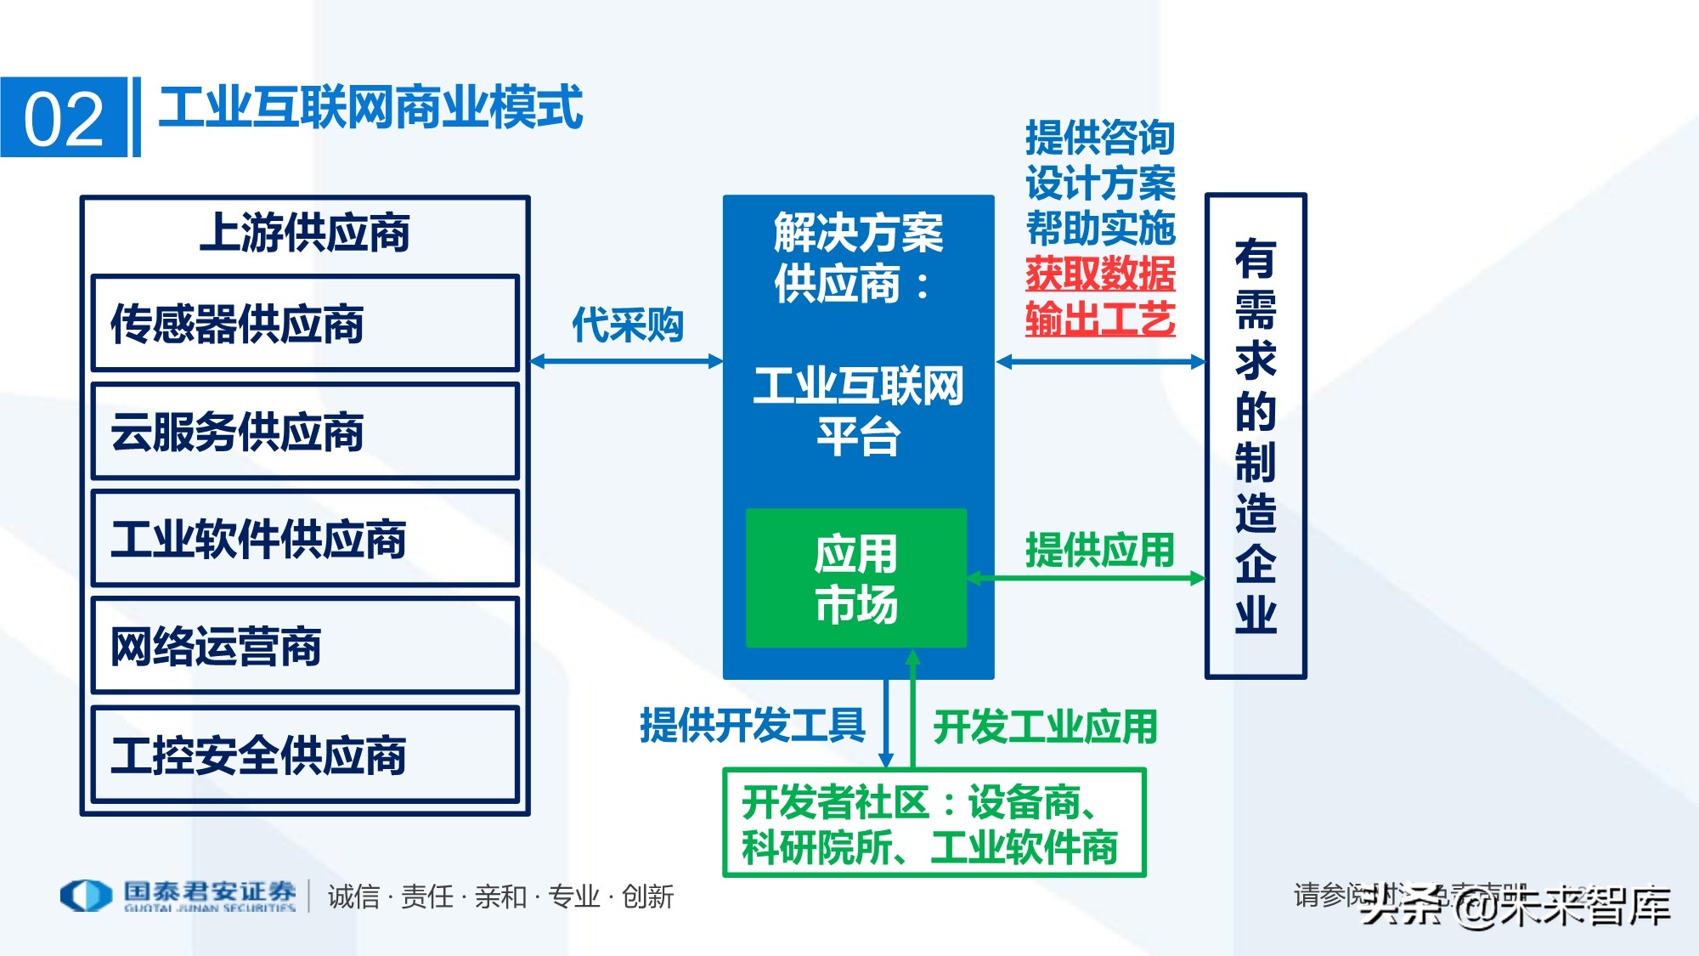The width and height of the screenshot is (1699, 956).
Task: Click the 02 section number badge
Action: coord(64,117)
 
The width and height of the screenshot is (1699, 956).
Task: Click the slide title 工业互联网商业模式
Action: coord(370,108)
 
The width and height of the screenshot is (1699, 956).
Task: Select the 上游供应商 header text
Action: coord(305,233)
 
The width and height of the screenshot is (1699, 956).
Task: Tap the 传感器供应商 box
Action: coord(305,324)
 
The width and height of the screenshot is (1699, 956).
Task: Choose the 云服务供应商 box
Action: coord(305,432)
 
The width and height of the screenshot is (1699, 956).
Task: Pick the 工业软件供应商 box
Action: coord(305,539)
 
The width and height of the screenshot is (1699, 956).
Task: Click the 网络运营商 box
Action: coord(305,646)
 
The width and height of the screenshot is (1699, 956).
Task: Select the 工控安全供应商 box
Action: coord(305,755)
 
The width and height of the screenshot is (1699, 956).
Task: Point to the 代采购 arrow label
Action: coord(627,325)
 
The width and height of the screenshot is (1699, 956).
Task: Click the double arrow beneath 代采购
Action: coord(627,362)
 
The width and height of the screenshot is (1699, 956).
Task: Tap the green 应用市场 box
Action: coord(856,579)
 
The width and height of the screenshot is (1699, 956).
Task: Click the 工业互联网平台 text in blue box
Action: coord(858,411)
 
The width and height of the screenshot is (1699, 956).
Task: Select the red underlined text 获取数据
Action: coord(1100,274)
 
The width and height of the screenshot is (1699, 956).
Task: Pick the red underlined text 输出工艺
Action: coord(1100,320)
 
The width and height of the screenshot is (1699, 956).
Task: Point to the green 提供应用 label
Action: coord(1099,550)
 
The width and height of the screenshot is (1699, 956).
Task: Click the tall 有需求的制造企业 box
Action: coord(1256,436)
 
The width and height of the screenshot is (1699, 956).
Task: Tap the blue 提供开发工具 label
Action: coord(752,726)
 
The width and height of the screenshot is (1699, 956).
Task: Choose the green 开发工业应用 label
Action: coord(1045,727)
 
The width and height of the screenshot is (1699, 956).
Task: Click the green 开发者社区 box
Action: coord(934,823)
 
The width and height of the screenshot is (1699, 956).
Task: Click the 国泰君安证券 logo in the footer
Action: coord(178,896)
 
